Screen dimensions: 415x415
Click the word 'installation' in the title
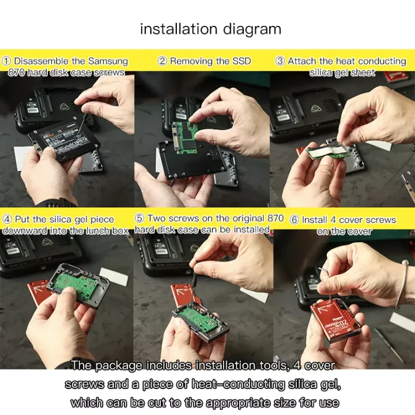[x=179, y=29]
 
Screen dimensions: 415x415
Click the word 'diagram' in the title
[x=252, y=29]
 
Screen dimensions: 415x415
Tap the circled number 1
[x=6, y=61]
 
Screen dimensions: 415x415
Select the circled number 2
[x=162, y=61]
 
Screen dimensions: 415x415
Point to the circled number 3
[x=280, y=61]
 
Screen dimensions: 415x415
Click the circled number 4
[x=7, y=220]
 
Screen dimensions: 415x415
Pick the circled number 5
[x=139, y=218]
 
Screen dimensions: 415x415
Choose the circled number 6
[x=295, y=220]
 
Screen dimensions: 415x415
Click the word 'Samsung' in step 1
[x=108, y=61]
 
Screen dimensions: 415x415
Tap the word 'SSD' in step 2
[x=242, y=61]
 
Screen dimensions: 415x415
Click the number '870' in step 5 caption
[x=276, y=218]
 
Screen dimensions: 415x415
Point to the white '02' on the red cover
[x=346, y=323]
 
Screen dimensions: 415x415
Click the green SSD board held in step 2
[x=185, y=137]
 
